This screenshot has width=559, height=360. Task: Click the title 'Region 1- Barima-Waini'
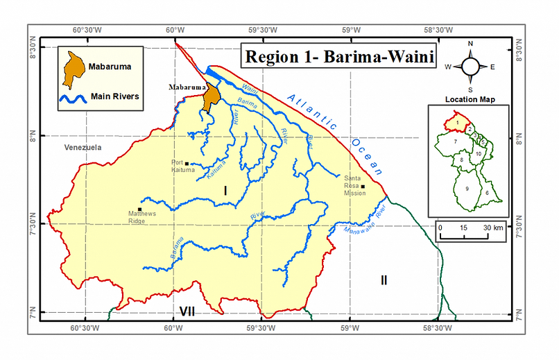click(338, 56)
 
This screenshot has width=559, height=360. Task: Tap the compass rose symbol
click(470, 67)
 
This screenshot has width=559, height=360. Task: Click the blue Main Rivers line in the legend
click(71, 98)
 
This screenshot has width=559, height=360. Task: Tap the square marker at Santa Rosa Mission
click(363, 187)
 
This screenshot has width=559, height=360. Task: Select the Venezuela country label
click(83, 148)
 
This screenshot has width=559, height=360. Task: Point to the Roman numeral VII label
click(187, 311)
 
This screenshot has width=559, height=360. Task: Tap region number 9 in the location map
click(467, 188)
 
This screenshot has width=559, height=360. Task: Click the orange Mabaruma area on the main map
click(210, 96)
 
